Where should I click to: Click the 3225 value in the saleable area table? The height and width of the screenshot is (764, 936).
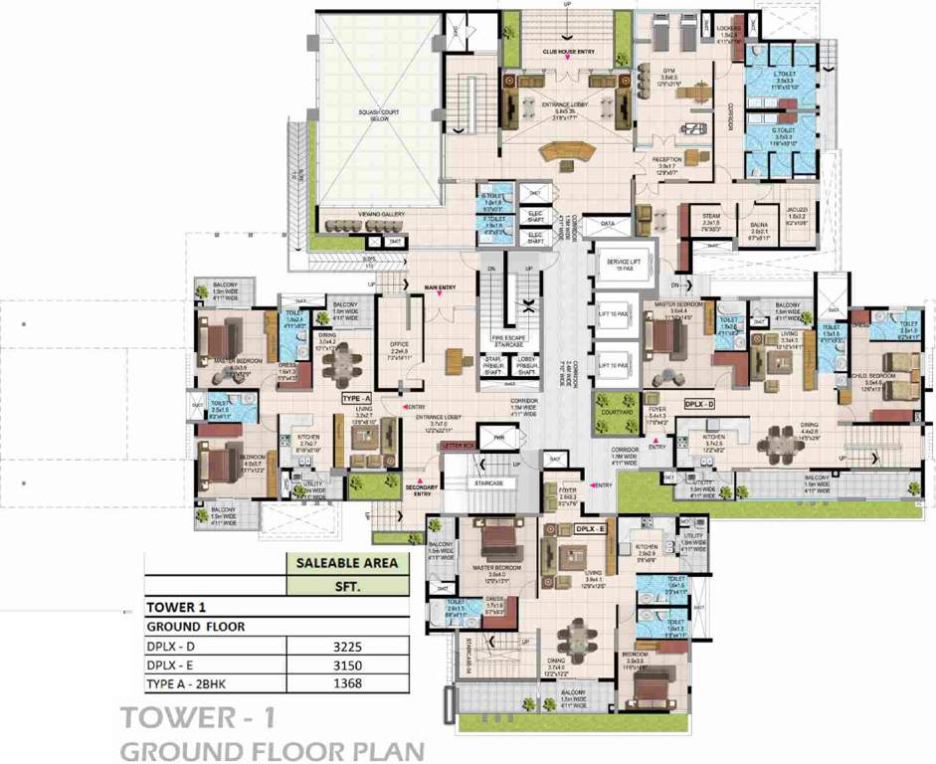[x=346, y=646]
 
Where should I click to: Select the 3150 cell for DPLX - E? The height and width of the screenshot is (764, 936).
[x=346, y=665]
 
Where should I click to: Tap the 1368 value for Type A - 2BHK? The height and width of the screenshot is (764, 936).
[x=346, y=682]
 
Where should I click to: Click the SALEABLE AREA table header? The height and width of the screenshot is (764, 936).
[x=346, y=563]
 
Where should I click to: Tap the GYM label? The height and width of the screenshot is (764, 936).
[x=669, y=72]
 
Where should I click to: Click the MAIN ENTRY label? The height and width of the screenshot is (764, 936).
[x=439, y=288]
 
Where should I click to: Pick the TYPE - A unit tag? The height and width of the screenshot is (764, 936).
[x=356, y=398]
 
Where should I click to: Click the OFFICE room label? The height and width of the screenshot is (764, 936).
[x=401, y=346]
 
